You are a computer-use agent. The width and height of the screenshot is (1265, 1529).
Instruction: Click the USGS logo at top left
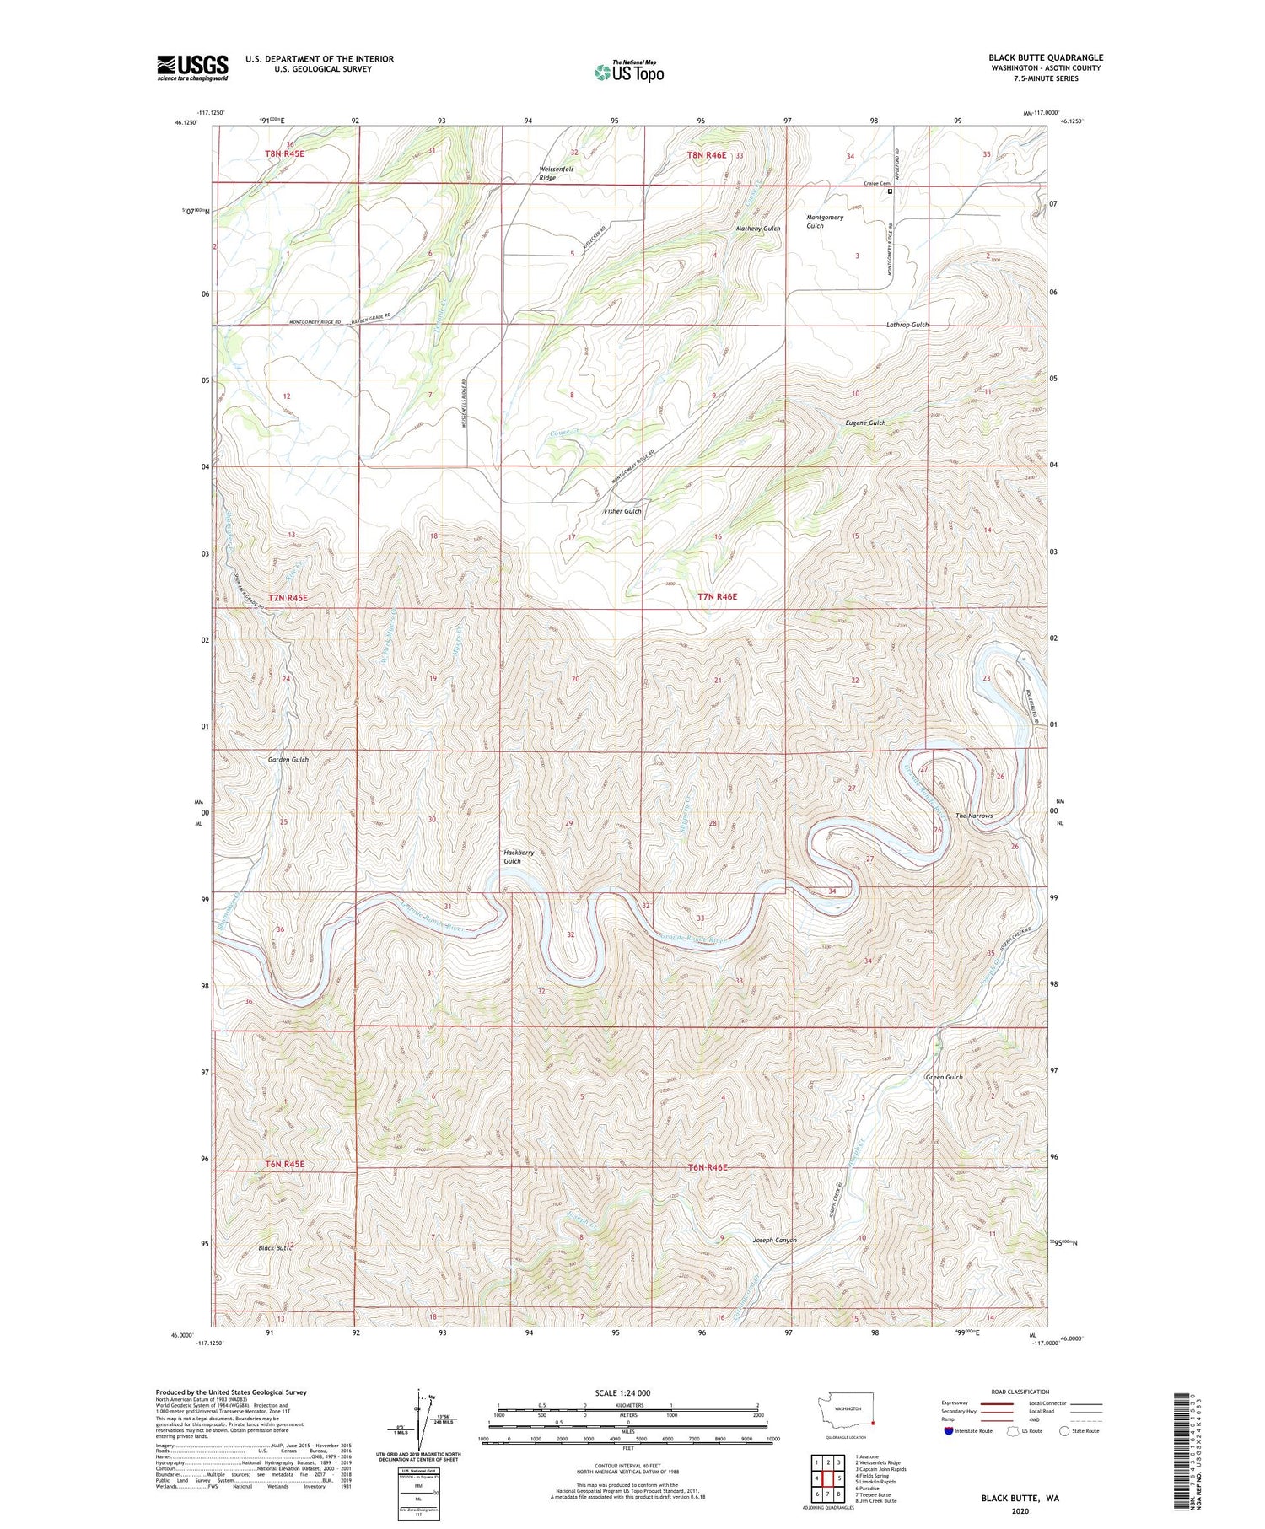click(x=192, y=67)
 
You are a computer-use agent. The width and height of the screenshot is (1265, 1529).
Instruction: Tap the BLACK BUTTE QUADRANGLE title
click(x=1045, y=57)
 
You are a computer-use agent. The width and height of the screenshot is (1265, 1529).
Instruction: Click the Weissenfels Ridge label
click(x=557, y=174)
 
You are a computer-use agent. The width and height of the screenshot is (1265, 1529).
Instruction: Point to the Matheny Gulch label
click(x=758, y=229)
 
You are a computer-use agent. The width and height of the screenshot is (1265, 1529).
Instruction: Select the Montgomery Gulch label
click(x=824, y=221)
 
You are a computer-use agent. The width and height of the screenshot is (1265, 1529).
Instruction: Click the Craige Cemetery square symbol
click(x=890, y=191)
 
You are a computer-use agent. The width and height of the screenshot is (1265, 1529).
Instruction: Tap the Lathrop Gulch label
click(x=907, y=325)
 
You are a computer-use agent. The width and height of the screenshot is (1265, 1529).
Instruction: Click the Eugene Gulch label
click(x=865, y=423)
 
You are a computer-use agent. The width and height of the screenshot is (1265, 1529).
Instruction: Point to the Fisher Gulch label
click(x=622, y=511)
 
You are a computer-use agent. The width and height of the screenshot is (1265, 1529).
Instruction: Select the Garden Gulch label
click(x=288, y=759)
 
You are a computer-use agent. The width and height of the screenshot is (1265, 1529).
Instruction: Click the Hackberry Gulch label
click(x=519, y=857)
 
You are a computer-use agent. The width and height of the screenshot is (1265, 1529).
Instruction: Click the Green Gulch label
click(x=944, y=1077)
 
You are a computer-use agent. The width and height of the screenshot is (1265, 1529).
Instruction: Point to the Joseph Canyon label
click(x=773, y=1240)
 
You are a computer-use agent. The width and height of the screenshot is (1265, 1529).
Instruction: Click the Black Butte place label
click(x=275, y=1247)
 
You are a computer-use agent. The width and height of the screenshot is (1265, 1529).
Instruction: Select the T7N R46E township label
click(x=717, y=596)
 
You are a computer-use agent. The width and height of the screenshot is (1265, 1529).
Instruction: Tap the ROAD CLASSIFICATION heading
click(x=1020, y=1392)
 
